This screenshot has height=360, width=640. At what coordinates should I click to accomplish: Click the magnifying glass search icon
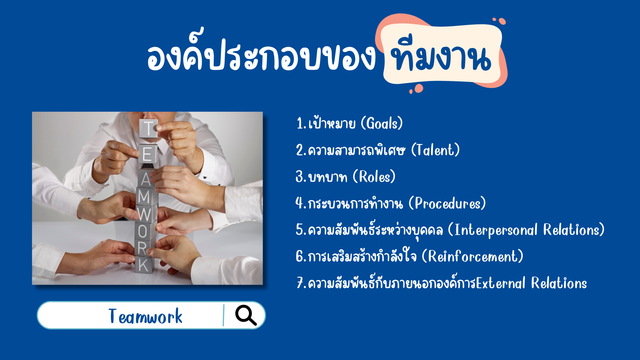click(x=246, y=315)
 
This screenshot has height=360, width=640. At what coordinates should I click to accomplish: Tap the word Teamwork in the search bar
click(x=145, y=316)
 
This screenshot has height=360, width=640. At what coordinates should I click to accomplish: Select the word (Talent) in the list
click(x=435, y=150)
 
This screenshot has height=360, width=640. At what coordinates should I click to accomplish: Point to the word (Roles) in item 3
click(x=374, y=177)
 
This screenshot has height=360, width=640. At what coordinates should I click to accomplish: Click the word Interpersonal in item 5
click(x=496, y=230)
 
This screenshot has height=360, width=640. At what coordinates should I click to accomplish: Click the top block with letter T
click(x=148, y=128)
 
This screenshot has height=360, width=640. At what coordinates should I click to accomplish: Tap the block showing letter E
click(x=147, y=154)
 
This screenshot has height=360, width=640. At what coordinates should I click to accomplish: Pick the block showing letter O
click(x=144, y=231)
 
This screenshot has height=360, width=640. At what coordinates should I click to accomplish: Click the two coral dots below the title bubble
click(x=416, y=89)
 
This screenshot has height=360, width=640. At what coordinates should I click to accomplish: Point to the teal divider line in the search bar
click(x=223, y=315)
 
